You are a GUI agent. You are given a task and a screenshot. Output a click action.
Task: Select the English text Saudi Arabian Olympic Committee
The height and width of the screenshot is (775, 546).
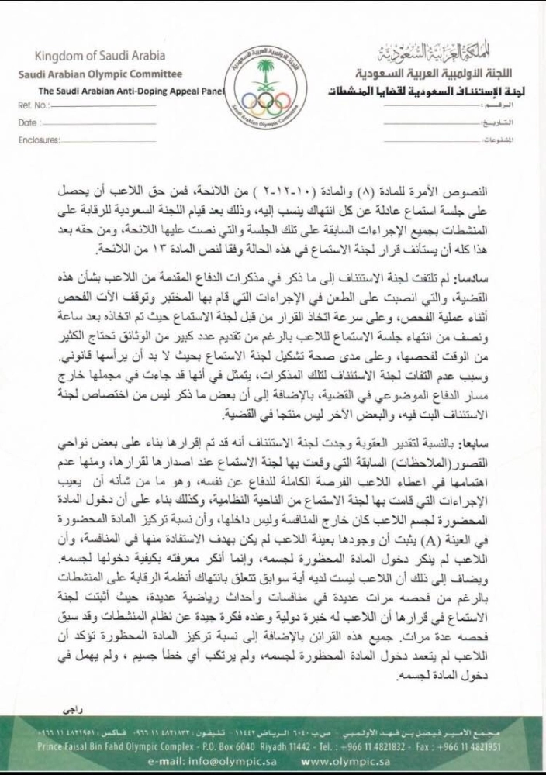pyautogui.click(x=100, y=74)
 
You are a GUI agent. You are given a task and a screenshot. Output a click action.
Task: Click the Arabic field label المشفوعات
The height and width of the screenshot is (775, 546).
pyautogui.click(x=489, y=140)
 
